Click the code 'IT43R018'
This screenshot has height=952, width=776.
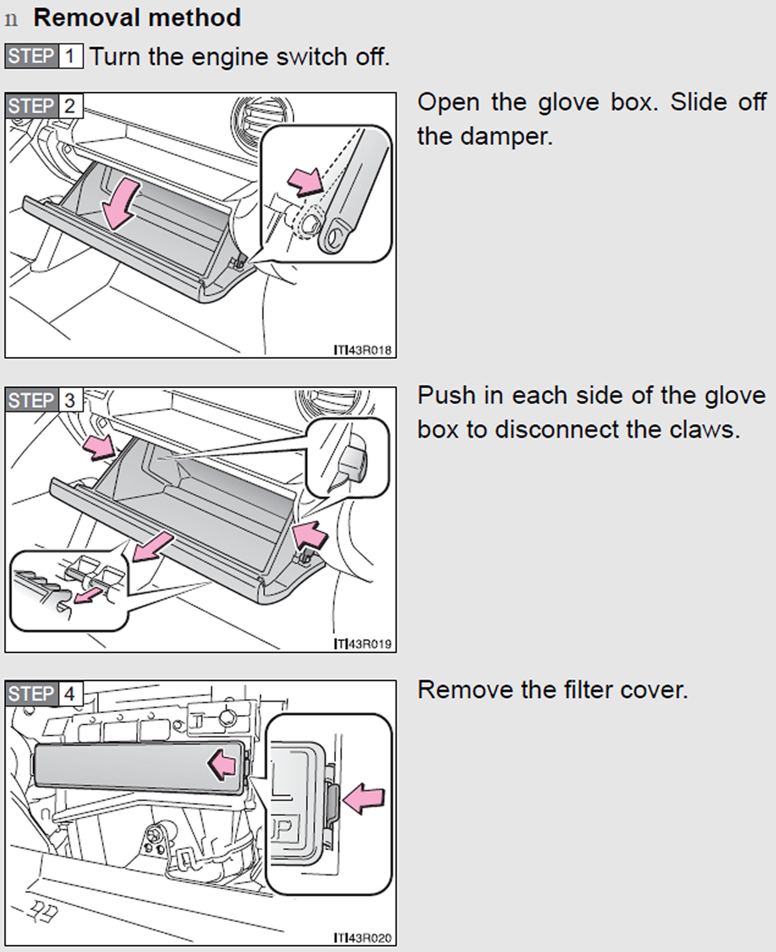coord(363,350)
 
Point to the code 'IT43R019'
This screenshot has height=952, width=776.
coord(363,644)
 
